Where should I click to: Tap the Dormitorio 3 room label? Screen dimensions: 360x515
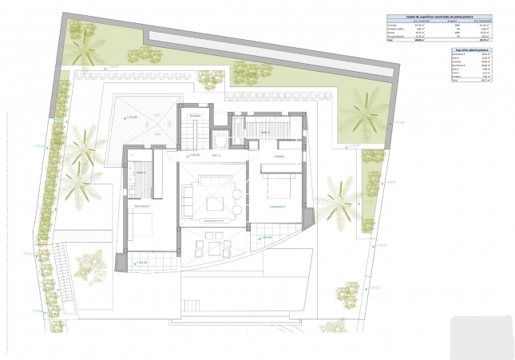point(277,206)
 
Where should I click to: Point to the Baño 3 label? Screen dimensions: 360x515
point(264,133)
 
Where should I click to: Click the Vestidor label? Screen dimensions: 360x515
point(279,156)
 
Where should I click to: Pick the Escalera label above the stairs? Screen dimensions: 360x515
point(194,117)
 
